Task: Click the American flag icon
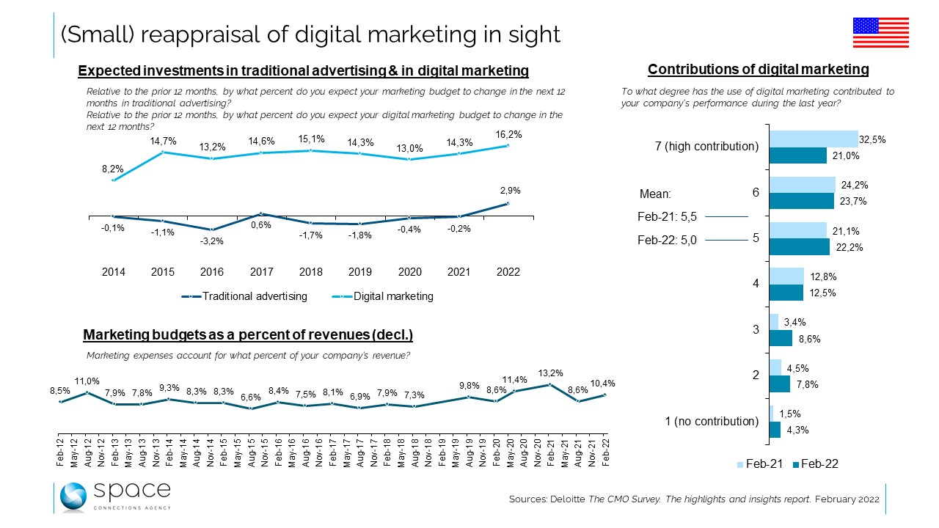coord(880,33)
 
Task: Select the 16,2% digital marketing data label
coord(508,134)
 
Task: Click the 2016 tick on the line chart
coord(212,272)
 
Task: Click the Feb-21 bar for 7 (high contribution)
coord(814,139)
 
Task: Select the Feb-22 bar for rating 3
coord(781,338)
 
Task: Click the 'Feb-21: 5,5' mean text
coord(668,217)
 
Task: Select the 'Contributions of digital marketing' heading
coord(758,70)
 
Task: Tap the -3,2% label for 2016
coord(212,241)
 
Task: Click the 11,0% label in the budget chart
coord(87,382)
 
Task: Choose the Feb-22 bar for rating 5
coord(800,247)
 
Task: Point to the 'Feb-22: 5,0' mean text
coord(668,241)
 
